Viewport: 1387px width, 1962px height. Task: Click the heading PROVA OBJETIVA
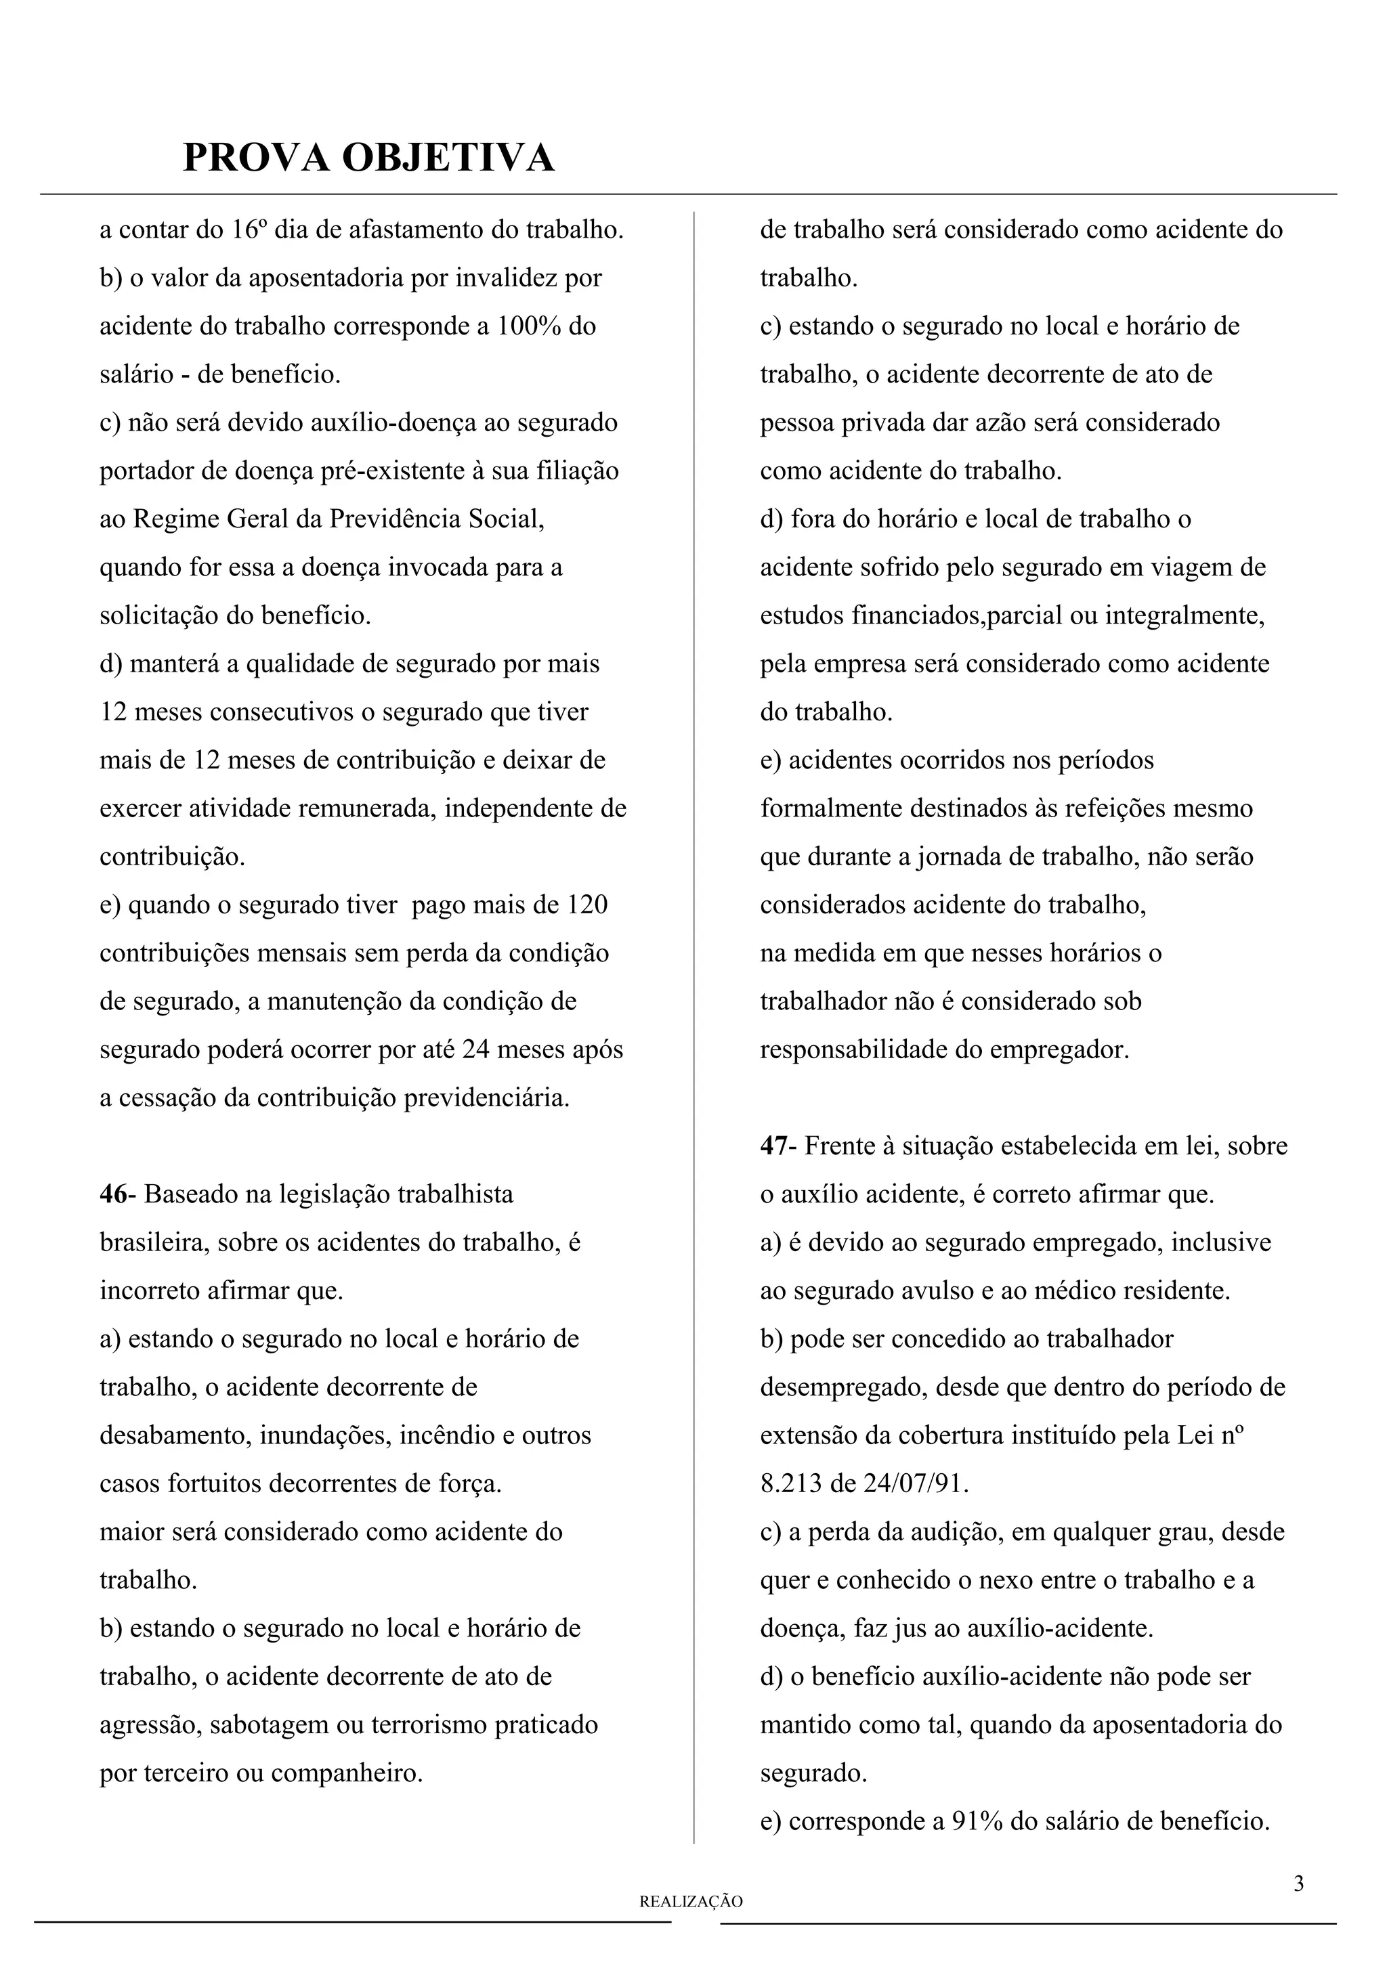[x=368, y=158]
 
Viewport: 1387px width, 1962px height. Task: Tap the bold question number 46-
[x=118, y=1194]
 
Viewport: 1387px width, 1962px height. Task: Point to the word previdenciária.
[x=486, y=1098]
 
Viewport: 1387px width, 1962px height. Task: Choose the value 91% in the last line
[x=978, y=1821]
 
